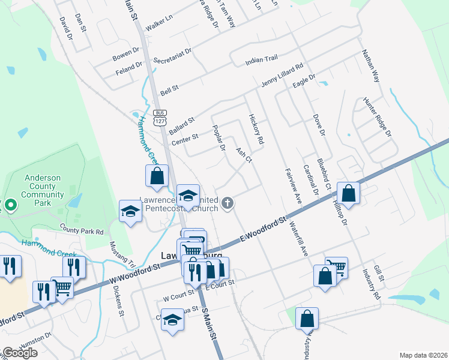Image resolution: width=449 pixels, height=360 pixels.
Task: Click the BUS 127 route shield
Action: click(159, 117)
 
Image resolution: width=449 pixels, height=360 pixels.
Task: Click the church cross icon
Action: click(227, 203)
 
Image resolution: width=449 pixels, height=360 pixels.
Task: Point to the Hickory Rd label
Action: click(256, 129)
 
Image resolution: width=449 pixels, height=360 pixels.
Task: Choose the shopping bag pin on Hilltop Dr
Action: click(349, 193)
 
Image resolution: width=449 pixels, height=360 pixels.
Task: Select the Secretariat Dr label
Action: click(172, 56)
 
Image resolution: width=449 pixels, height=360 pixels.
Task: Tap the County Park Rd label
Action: click(82, 230)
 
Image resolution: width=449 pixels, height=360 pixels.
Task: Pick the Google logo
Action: click(20, 353)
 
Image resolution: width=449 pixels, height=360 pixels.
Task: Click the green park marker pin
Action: click(10, 206)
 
